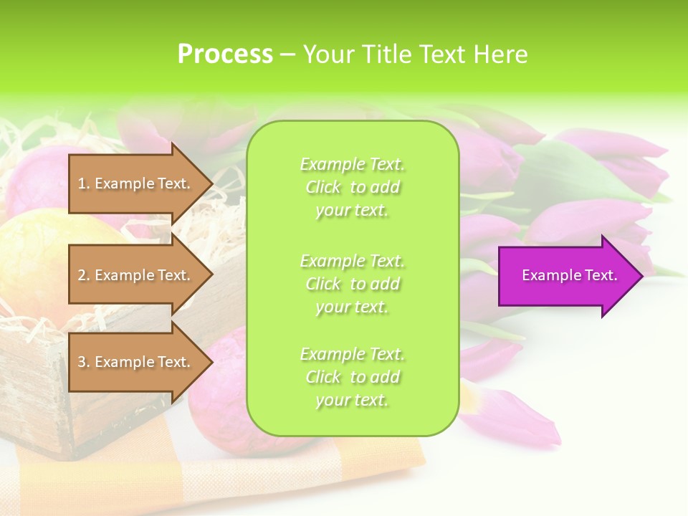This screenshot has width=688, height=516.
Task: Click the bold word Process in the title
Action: (x=225, y=54)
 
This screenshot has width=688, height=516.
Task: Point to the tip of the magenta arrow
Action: (x=641, y=275)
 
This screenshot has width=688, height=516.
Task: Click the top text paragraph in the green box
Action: (x=353, y=187)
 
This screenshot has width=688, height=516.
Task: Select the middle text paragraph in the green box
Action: (x=353, y=284)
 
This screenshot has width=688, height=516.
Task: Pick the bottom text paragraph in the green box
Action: (x=353, y=377)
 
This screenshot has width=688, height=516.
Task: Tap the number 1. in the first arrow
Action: (x=84, y=183)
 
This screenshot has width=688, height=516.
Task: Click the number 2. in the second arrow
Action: (x=84, y=275)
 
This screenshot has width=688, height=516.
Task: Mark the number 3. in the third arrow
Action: (x=84, y=362)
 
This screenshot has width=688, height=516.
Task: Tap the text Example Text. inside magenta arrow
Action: (x=570, y=275)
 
